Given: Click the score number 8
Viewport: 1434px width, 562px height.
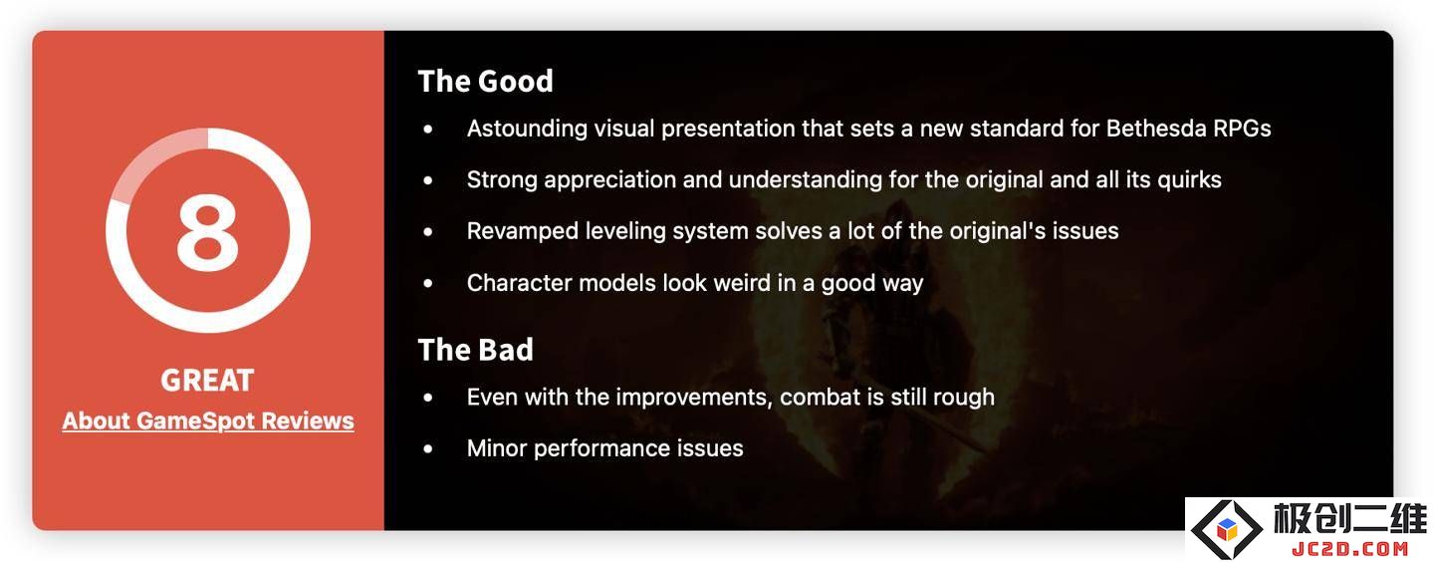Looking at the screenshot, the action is point(207,231).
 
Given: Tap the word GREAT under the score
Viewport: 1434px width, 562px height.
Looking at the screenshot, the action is point(207,380).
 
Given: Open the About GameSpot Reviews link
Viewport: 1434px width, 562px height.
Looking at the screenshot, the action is point(208,421).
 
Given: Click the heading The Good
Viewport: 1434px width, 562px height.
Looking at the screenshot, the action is point(485,82).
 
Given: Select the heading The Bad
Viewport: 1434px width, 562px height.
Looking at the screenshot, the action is point(475,350).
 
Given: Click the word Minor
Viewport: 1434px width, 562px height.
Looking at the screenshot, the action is point(497,448).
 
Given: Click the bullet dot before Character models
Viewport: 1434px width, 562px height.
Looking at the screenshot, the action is point(428,283).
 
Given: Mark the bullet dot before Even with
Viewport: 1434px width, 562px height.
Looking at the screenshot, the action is point(428,398).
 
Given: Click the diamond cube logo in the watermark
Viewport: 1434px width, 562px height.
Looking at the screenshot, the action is point(1227,529).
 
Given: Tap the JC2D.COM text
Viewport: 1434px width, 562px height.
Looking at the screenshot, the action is point(1350,548).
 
